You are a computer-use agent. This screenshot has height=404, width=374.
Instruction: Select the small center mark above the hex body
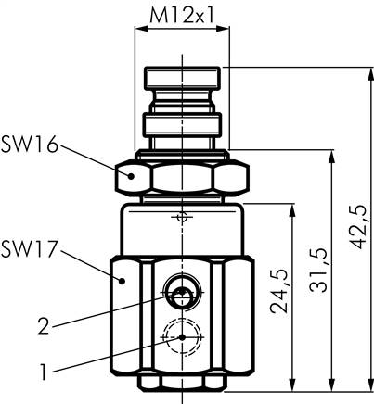tap(183, 219)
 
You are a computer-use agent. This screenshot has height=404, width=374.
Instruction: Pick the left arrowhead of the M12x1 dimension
tap(140, 29)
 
